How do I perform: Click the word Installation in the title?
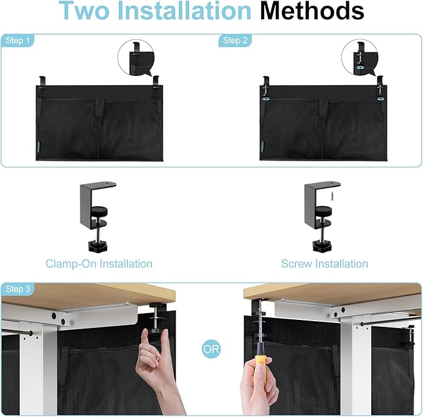(186, 12)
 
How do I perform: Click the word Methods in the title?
(313, 12)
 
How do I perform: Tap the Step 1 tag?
(18, 40)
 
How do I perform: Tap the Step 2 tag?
(231, 40)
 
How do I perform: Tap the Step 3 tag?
(18, 289)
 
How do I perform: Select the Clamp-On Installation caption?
(98, 264)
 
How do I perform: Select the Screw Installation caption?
(324, 264)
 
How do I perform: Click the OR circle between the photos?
(211, 349)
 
